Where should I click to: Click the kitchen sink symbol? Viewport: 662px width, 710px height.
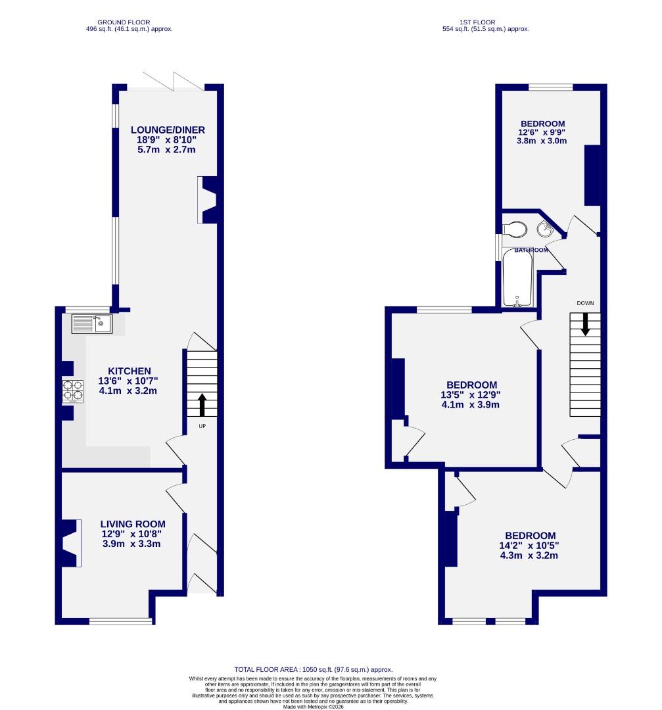[92, 323]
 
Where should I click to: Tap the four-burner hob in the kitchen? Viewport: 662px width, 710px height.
[73, 391]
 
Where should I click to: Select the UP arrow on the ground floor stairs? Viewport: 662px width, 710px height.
[202, 405]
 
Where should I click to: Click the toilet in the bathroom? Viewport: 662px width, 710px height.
[513, 229]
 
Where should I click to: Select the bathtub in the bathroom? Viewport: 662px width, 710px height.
[517, 278]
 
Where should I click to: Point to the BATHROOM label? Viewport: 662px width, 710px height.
[531, 250]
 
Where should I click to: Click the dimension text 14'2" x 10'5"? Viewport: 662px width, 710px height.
[529, 545]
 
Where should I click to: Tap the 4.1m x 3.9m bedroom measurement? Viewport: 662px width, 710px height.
[471, 405]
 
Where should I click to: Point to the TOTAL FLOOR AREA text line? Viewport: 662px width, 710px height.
[314, 669]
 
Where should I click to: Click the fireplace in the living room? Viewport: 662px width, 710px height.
[70, 543]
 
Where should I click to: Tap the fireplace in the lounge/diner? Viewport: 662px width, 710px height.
[208, 200]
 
